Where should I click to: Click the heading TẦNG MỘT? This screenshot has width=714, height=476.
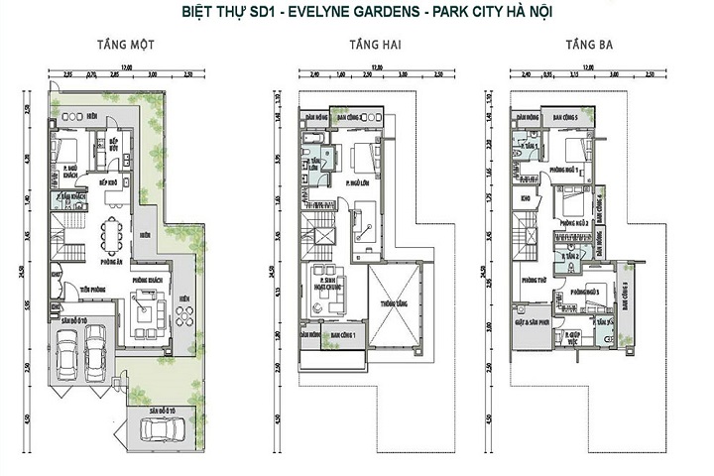pyautogui.click(x=124, y=45)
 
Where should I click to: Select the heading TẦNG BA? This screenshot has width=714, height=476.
pyautogui.click(x=585, y=45)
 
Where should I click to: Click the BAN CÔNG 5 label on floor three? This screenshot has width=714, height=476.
pyautogui.click(x=566, y=118)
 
